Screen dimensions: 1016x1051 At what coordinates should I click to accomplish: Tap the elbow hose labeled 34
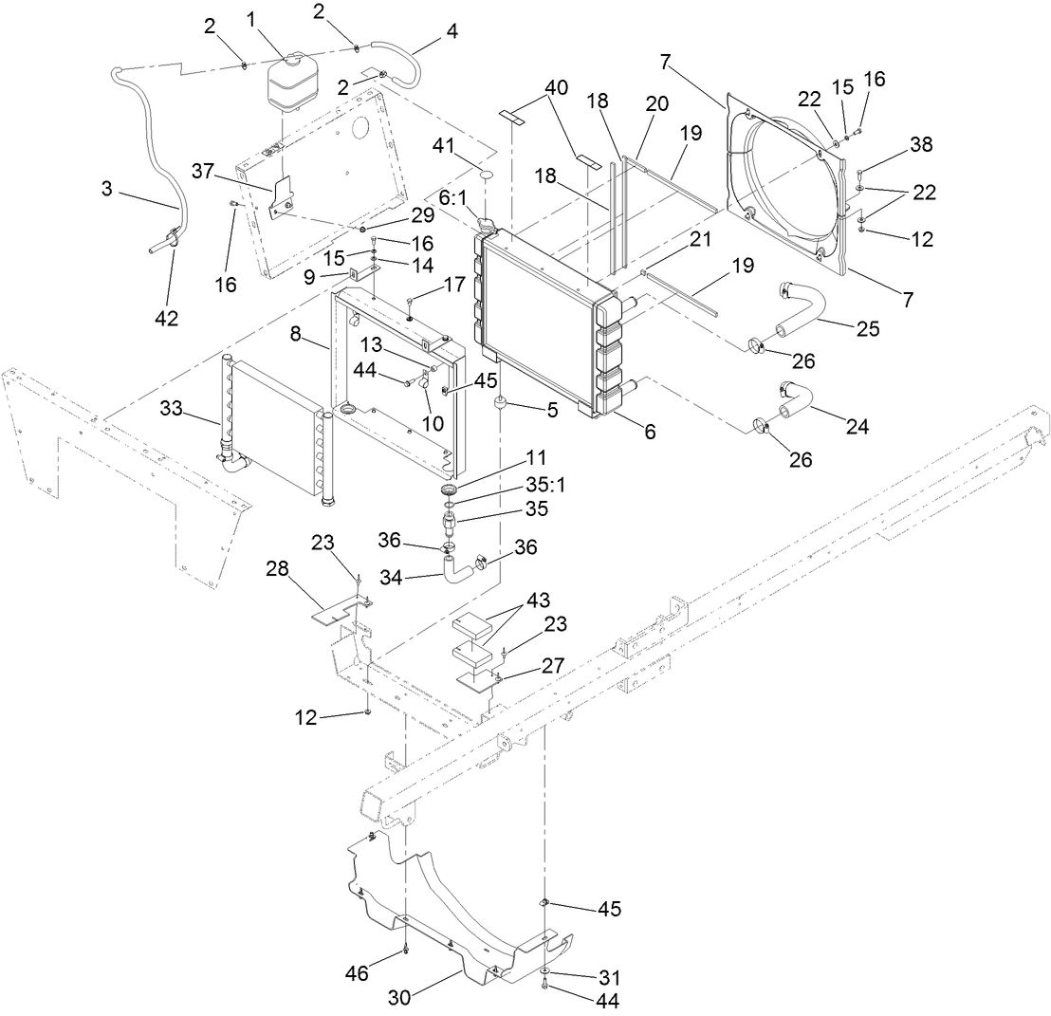point(458,569)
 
